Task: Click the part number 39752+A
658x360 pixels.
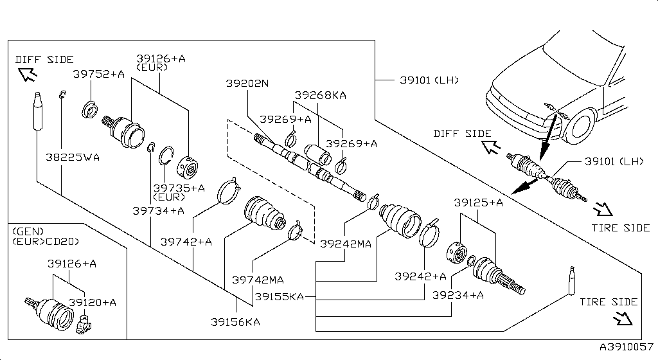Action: click(98, 75)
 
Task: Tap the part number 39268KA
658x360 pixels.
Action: click(320, 95)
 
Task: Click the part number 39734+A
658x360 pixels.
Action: click(158, 210)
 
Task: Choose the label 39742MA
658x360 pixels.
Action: click(258, 280)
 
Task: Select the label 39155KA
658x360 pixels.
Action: click(278, 297)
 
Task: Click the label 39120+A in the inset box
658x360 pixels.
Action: click(92, 302)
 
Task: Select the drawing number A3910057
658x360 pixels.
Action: click(627, 346)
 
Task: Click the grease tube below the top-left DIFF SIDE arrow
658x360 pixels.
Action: click(37, 112)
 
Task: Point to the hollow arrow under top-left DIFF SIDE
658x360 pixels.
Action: click(28, 76)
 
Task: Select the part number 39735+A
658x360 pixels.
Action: click(179, 188)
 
